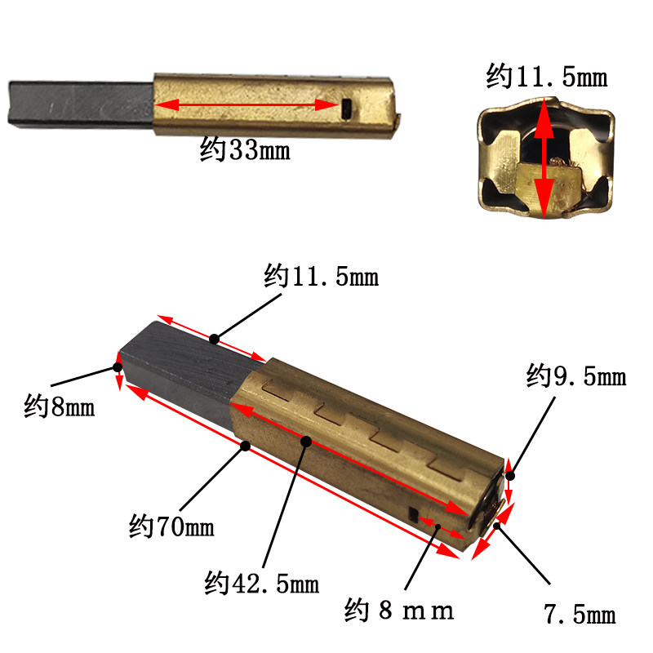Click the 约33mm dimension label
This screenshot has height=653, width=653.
(245, 149)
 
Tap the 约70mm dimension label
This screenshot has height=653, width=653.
(171, 526)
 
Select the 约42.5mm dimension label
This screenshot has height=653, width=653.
(261, 583)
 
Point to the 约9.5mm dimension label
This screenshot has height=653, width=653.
(576, 375)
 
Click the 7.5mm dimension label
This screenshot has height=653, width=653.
(580, 614)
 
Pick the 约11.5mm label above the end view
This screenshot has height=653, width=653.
(546, 76)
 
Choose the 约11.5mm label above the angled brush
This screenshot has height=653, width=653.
(321, 276)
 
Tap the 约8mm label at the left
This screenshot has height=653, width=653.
(59, 406)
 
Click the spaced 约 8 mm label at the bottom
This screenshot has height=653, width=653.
(399, 610)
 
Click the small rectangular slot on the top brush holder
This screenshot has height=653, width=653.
(346, 109)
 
